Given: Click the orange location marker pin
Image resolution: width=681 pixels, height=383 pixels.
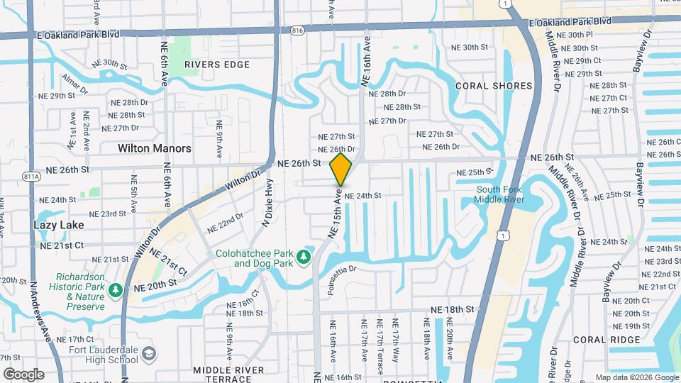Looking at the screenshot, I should point(341,169).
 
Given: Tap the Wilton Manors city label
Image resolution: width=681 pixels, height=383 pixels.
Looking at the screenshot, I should point(155,148).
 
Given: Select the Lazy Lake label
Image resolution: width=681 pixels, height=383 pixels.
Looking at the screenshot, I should point(58,225).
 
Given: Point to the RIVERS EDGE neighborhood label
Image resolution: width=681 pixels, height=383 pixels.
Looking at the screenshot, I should point(217,65).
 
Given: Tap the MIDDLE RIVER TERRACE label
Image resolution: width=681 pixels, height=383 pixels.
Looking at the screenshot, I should point(223,374).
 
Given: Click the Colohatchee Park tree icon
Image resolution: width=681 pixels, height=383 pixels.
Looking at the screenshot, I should point(305,255).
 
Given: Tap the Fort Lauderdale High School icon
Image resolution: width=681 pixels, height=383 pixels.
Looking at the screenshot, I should point(149,352).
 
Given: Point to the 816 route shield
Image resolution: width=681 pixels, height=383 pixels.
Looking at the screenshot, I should point(297,30).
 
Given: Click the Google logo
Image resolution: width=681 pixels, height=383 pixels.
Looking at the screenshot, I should point(23,374).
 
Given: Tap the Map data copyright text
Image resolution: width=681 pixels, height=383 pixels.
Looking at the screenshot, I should point(636,377).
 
